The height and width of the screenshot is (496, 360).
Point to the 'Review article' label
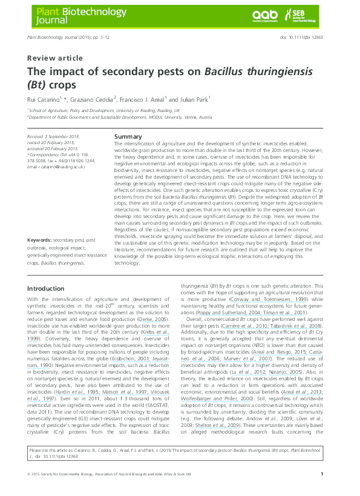(55, 58)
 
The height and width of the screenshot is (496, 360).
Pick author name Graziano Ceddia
(96, 99)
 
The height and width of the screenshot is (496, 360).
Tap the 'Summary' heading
(128, 137)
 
